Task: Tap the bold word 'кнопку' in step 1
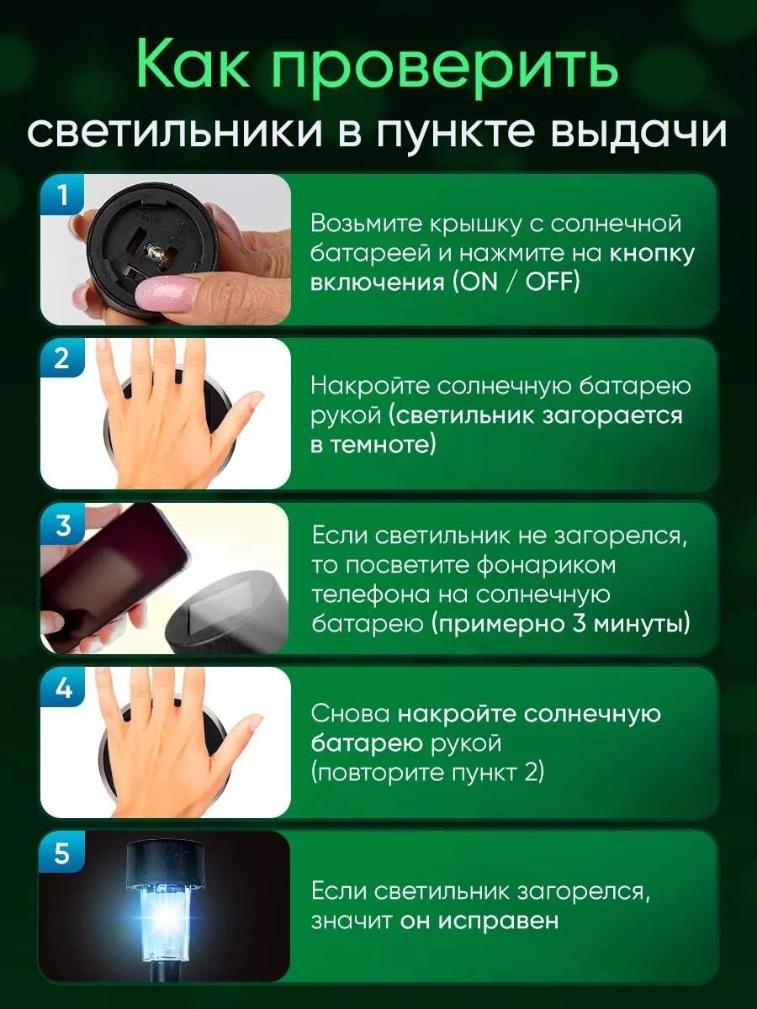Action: click(651, 254)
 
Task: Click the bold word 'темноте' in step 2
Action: click(382, 446)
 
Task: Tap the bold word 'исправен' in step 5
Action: click(497, 921)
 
